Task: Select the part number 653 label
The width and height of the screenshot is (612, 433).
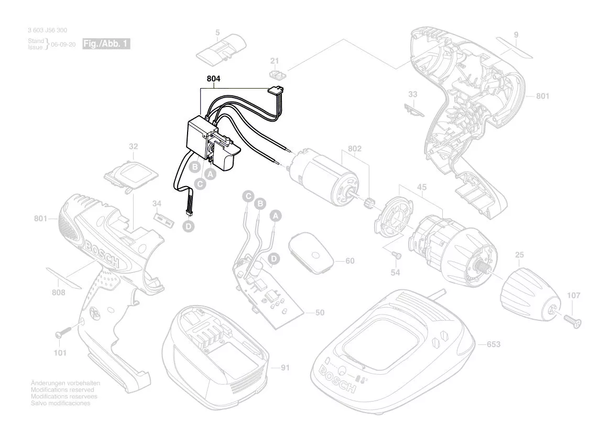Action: [494, 344]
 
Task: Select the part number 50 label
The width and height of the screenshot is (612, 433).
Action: [320, 313]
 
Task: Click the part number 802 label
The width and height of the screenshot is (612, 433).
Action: [355, 149]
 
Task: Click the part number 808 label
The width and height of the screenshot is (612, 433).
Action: [58, 293]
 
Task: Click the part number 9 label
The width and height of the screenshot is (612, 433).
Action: [516, 35]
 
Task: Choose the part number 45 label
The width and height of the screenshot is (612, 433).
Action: [422, 188]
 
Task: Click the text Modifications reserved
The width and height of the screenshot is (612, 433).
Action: [62, 390]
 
